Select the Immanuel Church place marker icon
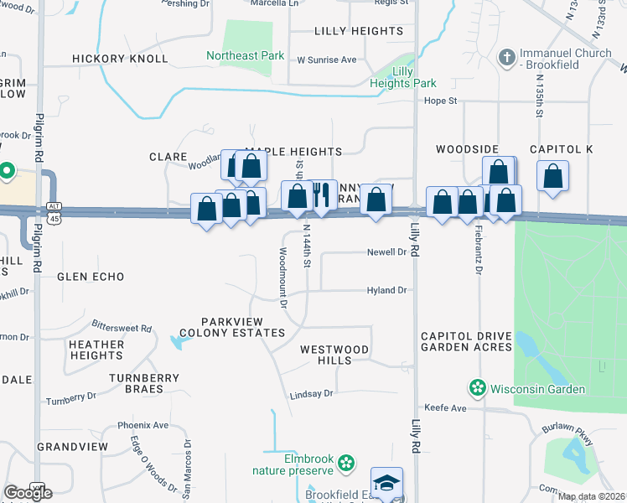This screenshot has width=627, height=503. click(505, 58)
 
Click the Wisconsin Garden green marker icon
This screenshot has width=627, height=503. click(477, 388)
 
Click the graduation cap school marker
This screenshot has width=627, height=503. click(386, 482)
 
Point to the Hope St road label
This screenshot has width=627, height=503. click(439, 101)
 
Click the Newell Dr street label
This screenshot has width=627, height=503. click(386, 251)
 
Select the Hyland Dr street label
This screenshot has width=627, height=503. click(386, 290)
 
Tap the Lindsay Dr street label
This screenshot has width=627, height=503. click(311, 392)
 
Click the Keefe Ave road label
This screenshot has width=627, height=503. click(445, 407)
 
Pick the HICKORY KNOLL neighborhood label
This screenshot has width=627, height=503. click(120, 59)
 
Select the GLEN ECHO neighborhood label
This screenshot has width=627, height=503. click(91, 277)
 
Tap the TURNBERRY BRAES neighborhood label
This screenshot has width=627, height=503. click(144, 384)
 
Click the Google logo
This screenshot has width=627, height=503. click(28, 493)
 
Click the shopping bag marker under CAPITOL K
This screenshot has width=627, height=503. click(552, 176)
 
